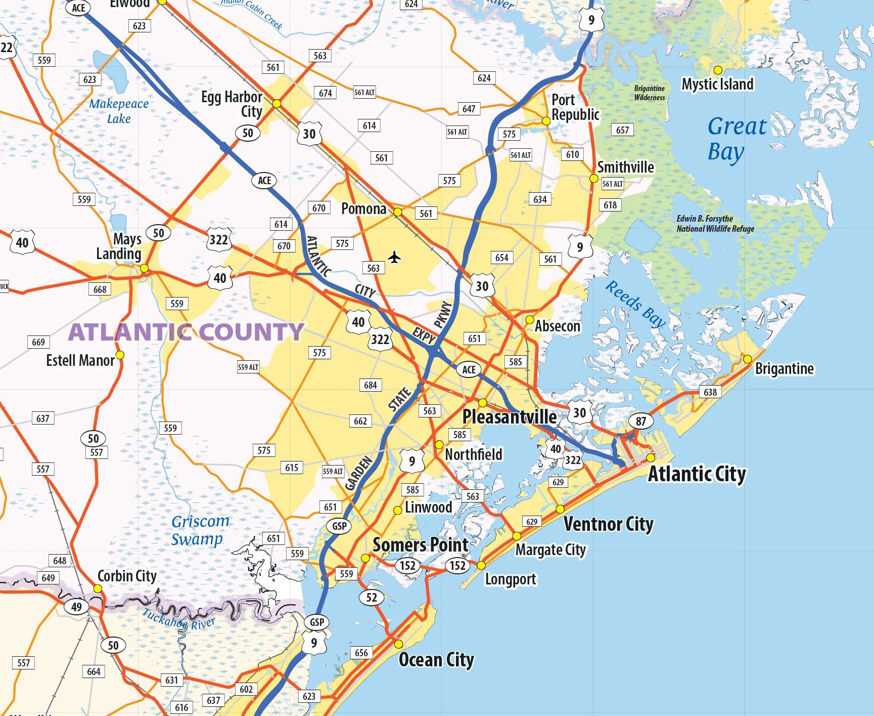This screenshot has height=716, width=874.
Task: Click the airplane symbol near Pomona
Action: point(395,258)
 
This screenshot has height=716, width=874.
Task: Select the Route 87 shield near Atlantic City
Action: point(640,421)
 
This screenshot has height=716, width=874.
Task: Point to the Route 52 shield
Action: point(372,597)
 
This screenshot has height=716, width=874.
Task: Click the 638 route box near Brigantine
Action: point(710,392)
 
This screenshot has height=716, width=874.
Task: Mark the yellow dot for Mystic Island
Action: point(718,70)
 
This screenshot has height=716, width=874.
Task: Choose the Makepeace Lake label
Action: point(119,111)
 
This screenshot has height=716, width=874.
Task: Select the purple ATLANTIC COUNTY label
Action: point(186,332)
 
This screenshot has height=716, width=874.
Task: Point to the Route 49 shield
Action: point(76,607)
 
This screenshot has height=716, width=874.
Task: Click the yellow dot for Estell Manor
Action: point(120,355)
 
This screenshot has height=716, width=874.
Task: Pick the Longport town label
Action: point(511,579)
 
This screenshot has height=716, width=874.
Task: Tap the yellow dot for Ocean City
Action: point(399,644)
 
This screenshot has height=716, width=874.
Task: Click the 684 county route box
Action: point(371,385)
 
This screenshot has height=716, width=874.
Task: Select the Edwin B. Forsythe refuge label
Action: point(715,224)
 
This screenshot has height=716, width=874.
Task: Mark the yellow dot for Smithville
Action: point(594,179)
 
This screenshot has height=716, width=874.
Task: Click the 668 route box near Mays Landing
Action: point(100,289)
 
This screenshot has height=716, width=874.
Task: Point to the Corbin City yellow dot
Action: point(98,588)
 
